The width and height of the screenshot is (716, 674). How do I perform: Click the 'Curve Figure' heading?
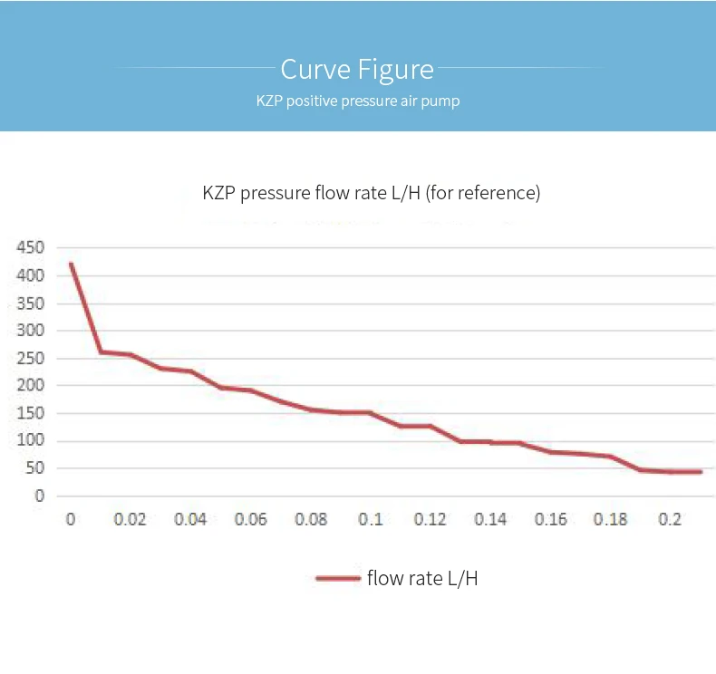pyautogui.click(x=357, y=69)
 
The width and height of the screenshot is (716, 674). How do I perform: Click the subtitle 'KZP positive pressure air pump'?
pyautogui.click(x=357, y=101)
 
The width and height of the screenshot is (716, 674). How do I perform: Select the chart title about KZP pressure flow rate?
pyautogui.click(x=371, y=193)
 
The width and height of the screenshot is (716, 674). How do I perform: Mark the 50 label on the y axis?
pyautogui.click(x=34, y=468)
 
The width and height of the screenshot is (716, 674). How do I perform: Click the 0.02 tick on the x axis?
pyautogui.click(x=130, y=519)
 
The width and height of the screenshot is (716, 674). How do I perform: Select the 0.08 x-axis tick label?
pyautogui.click(x=310, y=519)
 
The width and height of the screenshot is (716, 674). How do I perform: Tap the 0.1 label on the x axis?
pyautogui.click(x=370, y=519)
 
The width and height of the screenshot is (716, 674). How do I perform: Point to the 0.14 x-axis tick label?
pyautogui.click(x=490, y=519)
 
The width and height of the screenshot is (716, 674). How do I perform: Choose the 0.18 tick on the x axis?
pyautogui.click(x=610, y=519)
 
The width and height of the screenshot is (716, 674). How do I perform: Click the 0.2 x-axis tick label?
pyautogui.click(x=670, y=519)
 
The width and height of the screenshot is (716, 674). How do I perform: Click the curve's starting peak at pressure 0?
pyautogui.click(x=71, y=265)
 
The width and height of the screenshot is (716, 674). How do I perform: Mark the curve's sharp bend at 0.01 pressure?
pyautogui.click(x=101, y=351)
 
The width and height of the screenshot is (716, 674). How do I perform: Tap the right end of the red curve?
pyautogui.click(x=701, y=472)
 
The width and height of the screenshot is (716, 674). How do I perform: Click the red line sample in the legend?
pyautogui.click(x=337, y=578)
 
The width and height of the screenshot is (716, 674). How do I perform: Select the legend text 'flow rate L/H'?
pyautogui.click(x=421, y=578)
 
